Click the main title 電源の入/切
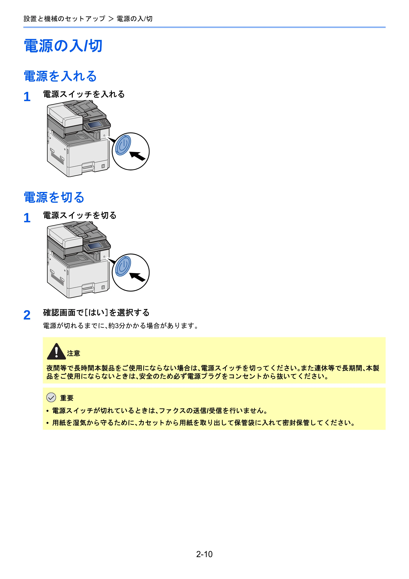[63, 46]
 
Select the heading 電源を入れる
[60, 76]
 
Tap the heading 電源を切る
[54, 197]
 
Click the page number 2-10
[204, 554]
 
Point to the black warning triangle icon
[56, 352]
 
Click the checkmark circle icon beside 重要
[51, 397]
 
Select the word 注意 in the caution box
[74, 353]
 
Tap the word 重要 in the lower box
[67, 398]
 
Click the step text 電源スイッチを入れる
[84, 94]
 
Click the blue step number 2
[27, 315]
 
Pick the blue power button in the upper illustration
[123, 145]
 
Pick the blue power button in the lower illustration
[123, 266]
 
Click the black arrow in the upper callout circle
[138, 156]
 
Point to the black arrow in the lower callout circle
[138, 277]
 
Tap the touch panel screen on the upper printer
[94, 124]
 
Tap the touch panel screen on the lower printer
[94, 245]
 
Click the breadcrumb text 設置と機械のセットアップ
[64, 19]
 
